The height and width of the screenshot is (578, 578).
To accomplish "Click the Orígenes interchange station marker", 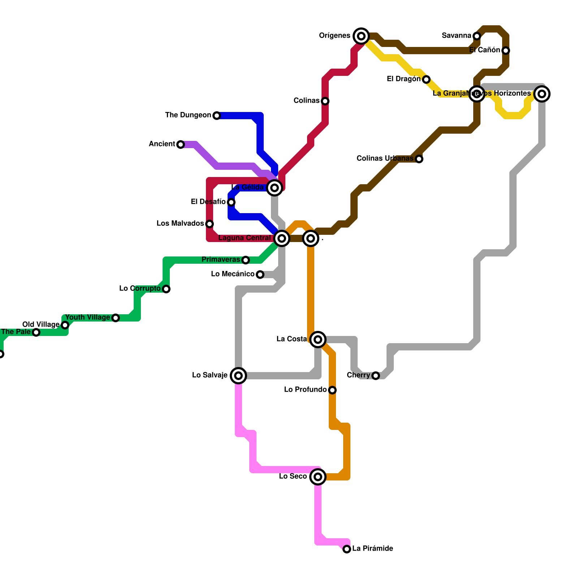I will click(x=361, y=36).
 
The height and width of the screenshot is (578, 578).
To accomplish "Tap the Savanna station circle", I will click(x=477, y=36).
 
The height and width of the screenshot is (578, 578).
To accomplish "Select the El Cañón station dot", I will click(x=506, y=50).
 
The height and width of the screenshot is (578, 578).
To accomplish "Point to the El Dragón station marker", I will click(x=426, y=79).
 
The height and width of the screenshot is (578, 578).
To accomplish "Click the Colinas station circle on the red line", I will click(x=325, y=101).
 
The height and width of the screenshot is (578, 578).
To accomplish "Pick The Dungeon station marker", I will click(x=216, y=115).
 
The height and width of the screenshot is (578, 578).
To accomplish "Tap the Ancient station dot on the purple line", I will click(x=181, y=144).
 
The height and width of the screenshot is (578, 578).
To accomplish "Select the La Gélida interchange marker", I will click(x=275, y=187).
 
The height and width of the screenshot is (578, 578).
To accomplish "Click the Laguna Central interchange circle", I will click(x=282, y=238).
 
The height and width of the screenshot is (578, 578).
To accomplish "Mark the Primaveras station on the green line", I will click(x=246, y=260).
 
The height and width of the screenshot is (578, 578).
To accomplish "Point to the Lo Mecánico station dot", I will click(x=260, y=274).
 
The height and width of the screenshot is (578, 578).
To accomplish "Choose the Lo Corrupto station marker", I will click(x=166, y=289).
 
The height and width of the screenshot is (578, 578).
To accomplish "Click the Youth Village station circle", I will click(x=116, y=318).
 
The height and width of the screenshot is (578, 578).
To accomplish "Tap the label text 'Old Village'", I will click(x=41, y=324).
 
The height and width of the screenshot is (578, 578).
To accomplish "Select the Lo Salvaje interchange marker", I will click(x=238, y=375).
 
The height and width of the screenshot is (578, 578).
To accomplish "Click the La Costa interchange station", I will click(x=318, y=339).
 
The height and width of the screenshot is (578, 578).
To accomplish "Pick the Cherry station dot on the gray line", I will click(x=376, y=375).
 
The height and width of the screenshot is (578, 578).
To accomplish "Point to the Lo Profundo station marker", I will click(x=332, y=390).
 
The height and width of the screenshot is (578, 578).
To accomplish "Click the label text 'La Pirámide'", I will click(x=372, y=548).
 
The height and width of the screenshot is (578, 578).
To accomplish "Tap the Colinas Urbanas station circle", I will click(x=419, y=159).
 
